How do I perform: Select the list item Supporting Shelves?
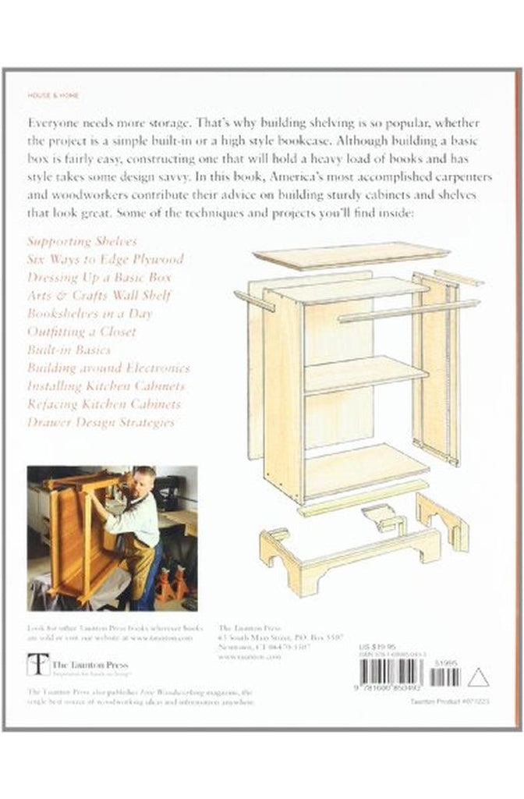click(x=82, y=241)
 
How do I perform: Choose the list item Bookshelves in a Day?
click(x=90, y=313)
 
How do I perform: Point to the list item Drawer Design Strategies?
click(x=101, y=422)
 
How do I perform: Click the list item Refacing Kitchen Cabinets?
click(x=104, y=403)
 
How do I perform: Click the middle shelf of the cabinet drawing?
click(x=363, y=374)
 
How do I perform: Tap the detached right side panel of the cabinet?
click(x=441, y=367)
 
